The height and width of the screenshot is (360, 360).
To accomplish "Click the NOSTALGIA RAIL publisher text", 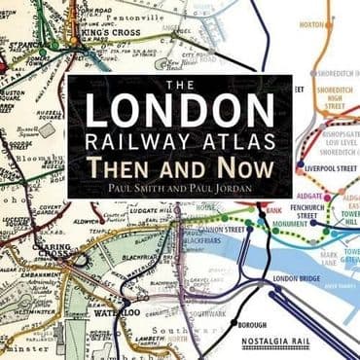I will point(299,342).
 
